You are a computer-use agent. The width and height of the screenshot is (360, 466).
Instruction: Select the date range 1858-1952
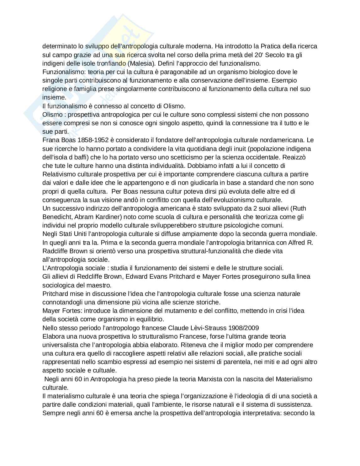coord(87,140)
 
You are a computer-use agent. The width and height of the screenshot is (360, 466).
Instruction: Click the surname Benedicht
coord(59,217)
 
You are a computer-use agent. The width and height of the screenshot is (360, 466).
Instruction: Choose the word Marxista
coord(211,379)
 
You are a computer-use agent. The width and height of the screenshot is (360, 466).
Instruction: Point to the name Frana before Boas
coord(50,140)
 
